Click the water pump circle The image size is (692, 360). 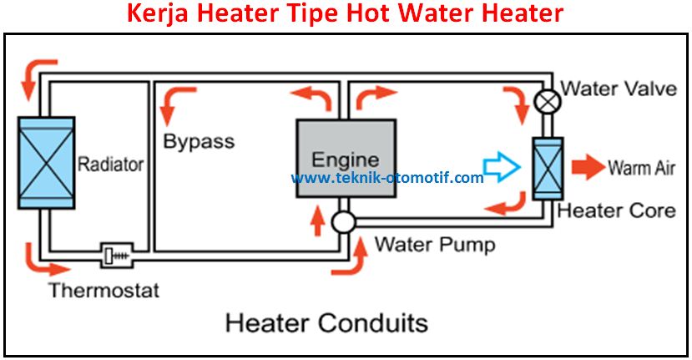tap(343, 221)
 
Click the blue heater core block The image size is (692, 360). tap(548, 168)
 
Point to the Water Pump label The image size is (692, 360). tap(434, 245)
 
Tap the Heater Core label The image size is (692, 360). tap(616, 210)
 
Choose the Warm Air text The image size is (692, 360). tap(640, 168)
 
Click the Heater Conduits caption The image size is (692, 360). tap(326, 322)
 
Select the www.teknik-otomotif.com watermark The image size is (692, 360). tap(386, 178)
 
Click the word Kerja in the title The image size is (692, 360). tap(156, 14)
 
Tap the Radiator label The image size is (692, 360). tap(110, 164)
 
